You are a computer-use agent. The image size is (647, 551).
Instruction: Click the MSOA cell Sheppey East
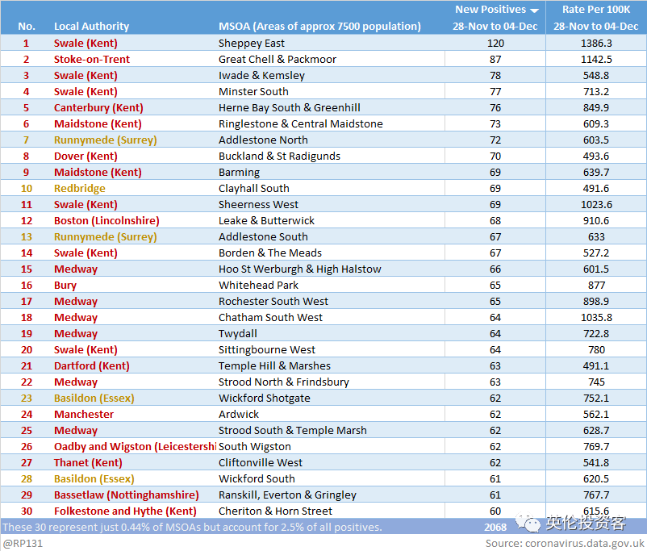pos(251,44)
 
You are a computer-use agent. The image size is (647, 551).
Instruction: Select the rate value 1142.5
pos(596,60)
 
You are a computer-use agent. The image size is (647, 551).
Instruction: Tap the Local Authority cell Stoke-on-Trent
pos(92,60)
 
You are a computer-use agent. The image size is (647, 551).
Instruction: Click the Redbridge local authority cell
pos(80,189)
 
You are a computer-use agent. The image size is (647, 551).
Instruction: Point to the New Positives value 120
pos(495,44)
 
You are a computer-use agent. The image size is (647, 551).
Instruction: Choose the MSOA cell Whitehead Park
pos(258,286)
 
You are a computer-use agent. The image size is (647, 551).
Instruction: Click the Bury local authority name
pos(65,286)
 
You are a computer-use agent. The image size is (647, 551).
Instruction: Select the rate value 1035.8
pos(596,317)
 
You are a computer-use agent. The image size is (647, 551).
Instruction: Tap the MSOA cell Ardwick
pos(239,415)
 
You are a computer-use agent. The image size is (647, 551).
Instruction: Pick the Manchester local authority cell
pos(84,415)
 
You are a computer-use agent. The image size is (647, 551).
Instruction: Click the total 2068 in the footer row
pos(495,527)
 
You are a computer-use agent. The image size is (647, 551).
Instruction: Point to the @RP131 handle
pos(23,543)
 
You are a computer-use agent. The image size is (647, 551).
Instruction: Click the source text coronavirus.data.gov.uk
pos(585,544)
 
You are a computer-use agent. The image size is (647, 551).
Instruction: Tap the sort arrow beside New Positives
pos(534,10)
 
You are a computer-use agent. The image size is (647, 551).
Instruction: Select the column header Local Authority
pos(92,27)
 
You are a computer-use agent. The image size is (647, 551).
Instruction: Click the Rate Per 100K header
pos(596,10)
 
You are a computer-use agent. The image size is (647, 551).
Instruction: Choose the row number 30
pos(27,511)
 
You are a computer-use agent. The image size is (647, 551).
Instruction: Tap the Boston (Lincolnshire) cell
pos(106,221)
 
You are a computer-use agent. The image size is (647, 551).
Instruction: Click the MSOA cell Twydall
pos(238,334)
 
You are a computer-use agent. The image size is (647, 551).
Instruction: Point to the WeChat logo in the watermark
pos(528,522)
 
